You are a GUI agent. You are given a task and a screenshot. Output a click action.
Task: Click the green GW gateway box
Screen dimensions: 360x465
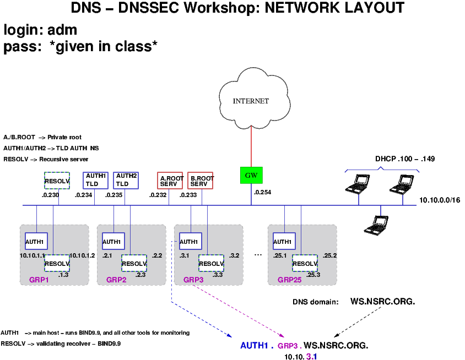(251, 175)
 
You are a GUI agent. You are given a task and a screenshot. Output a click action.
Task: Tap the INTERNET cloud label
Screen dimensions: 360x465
(251, 101)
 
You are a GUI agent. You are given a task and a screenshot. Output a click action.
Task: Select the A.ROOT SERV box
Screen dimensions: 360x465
(170, 181)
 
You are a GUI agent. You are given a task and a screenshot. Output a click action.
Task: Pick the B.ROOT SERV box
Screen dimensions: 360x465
(201, 181)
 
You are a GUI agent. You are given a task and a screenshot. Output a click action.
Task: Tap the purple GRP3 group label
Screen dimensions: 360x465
(194, 280)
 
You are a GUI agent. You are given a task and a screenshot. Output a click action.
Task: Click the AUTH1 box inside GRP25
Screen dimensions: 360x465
(283, 241)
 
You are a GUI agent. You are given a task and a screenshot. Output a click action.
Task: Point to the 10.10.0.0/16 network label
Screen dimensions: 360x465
(439, 200)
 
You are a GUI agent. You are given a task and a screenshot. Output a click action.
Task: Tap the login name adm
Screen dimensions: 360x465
(62, 30)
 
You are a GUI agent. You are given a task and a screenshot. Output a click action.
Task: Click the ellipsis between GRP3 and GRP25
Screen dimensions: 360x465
(258, 255)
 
